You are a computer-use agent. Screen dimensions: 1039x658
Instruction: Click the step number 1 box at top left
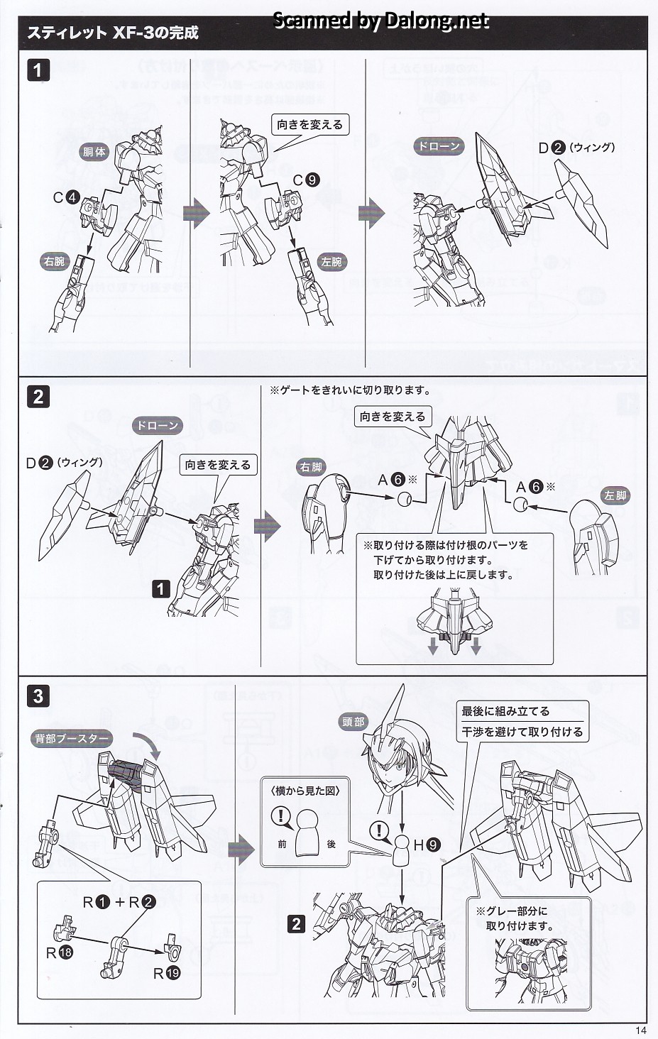pos(38,70)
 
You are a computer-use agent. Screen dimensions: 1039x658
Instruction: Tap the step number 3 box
pos(38,696)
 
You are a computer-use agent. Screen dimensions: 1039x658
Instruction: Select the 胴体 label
pos(94,152)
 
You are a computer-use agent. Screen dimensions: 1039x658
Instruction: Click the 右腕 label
pos(54,262)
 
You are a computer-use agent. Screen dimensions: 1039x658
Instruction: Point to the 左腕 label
pos(331,262)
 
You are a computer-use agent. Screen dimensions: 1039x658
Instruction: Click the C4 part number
pos(66,197)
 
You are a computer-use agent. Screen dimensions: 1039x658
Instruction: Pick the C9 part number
pos(306,180)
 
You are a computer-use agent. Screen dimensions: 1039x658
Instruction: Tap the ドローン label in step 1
pos(439,147)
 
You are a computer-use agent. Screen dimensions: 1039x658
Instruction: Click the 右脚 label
pos(311,467)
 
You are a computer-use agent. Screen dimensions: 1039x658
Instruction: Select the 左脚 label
pos(615,495)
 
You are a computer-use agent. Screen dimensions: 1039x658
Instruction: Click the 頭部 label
pos(353,722)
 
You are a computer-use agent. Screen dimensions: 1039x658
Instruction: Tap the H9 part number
pos(427,845)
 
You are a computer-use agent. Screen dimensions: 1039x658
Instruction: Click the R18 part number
pos(60,953)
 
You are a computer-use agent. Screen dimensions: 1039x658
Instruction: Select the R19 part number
pos(167,973)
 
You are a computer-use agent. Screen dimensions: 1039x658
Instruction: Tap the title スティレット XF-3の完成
pos(113,33)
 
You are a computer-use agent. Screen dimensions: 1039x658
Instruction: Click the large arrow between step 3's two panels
pos(241,849)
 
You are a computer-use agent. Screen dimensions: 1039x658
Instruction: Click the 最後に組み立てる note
pos(505,711)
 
